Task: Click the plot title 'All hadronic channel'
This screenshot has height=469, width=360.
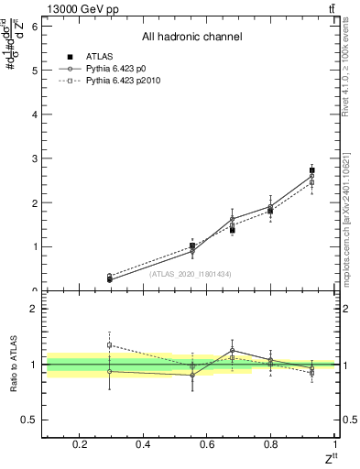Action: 191,38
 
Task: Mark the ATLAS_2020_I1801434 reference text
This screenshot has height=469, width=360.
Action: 191,274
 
